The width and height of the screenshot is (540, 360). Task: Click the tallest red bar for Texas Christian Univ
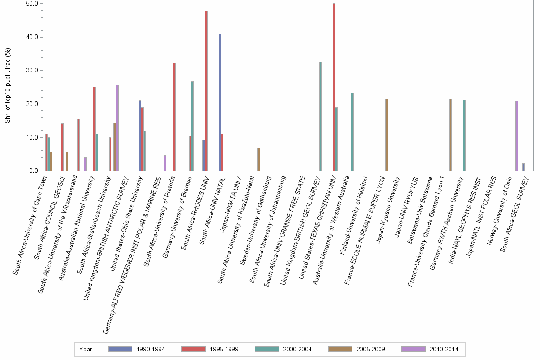(334, 87)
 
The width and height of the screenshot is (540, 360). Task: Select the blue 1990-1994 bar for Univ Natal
(220, 102)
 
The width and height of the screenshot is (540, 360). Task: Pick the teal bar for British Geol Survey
(320, 116)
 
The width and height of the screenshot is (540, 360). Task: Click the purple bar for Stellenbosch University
(117, 128)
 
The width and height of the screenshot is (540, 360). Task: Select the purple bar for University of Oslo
(516, 136)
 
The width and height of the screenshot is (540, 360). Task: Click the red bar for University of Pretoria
(174, 117)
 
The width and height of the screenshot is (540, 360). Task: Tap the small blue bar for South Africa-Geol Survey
(523, 167)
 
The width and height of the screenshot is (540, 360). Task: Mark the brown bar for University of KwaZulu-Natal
(259, 159)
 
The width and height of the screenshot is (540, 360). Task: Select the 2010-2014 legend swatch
(413, 349)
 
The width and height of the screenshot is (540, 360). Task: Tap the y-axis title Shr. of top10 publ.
(7, 86)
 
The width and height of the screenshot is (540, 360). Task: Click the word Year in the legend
(86, 349)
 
